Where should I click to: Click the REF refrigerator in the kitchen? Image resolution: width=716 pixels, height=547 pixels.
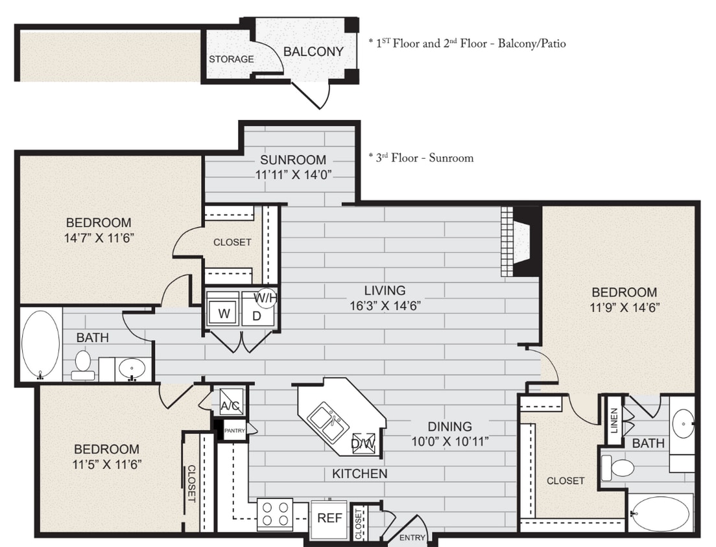(x=329, y=518)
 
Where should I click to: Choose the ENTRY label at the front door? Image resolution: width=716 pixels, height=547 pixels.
(x=412, y=537)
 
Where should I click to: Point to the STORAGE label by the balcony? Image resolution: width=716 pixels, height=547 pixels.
(x=231, y=59)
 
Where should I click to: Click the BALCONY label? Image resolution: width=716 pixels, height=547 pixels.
(x=313, y=51)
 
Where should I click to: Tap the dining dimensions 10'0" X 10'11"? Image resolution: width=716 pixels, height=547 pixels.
(x=449, y=441)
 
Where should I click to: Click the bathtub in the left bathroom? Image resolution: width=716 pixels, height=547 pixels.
(x=40, y=343)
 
